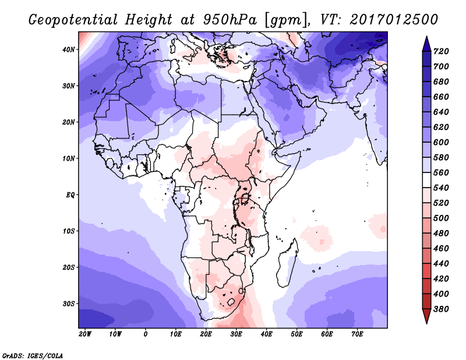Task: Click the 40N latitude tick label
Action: pyautogui.click(x=69, y=50)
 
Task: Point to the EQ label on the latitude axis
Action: pyautogui.click(x=70, y=195)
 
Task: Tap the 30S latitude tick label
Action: pyautogui.click(x=69, y=303)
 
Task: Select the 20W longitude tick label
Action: pyautogui.click(x=85, y=334)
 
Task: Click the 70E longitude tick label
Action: pyautogui.click(x=358, y=334)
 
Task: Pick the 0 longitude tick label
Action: pyautogui.click(x=146, y=334)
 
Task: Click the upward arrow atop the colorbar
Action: pyautogui.click(x=426, y=42)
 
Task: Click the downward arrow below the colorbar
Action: pyautogui.click(x=426, y=316)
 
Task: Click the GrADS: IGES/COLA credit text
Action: pyautogui.click(x=33, y=355)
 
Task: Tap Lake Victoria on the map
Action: pyautogui.click(x=245, y=199)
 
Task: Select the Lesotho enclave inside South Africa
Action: pyautogui.click(x=232, y=302)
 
